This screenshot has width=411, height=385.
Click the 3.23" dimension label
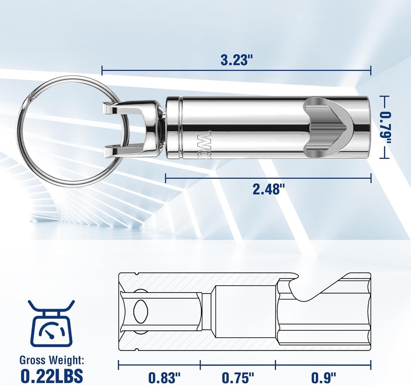[236, 60]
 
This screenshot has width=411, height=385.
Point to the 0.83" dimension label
[164, 376]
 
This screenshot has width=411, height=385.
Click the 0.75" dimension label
[238, 376]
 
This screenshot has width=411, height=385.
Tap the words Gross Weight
[52, 361]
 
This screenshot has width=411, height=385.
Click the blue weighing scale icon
[51, 324]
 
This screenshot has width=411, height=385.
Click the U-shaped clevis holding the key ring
[132, 130]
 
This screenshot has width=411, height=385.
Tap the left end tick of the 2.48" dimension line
[166, 178]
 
